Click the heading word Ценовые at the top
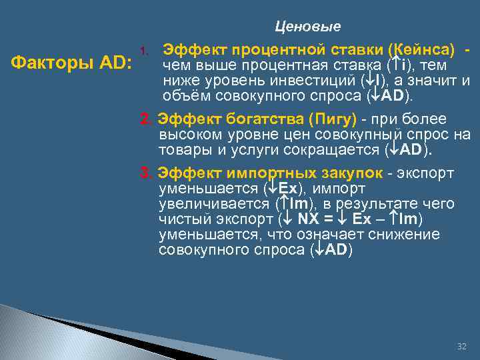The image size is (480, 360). pyautogui.click(x=307, y=27)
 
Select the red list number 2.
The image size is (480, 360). pyautogui.click(x=145, y=119)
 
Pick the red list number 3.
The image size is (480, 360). pyautogui.click(x=145, y=173)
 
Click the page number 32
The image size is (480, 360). pyautogui.click(x=462, y=347)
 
